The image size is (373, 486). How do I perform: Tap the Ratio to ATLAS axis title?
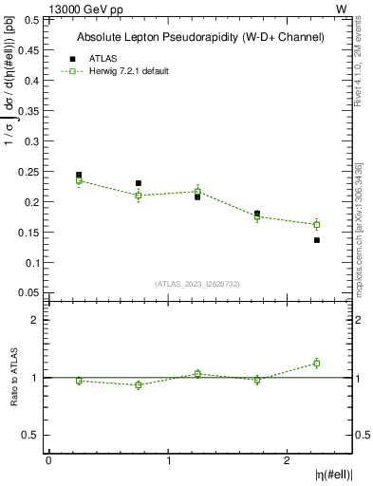pos(12,378)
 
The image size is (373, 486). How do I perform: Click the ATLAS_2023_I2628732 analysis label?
pos(197,284)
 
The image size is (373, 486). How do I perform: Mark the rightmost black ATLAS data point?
pos(317,240)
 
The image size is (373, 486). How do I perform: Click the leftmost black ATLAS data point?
pos(79,175)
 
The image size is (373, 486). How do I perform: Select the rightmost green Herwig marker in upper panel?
pos(317,224)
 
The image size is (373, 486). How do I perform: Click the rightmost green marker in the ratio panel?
pos(317,363)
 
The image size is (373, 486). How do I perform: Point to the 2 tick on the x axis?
pos(288,460)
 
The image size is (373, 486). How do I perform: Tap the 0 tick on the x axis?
pos(48,460)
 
